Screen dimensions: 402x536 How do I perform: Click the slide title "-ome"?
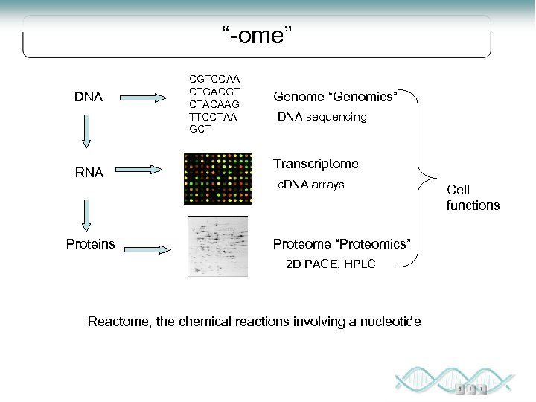(252, 33)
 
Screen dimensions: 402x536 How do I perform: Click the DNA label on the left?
(89, 96)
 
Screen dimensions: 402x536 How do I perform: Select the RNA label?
(89, 173)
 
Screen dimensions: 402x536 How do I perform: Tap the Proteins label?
(90, 244)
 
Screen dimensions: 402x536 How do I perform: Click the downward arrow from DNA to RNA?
(87, 135)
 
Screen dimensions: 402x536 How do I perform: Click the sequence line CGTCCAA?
(214, 77)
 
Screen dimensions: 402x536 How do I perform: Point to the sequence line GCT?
(200, 128)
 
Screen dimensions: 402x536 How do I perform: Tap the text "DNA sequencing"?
(322, 117)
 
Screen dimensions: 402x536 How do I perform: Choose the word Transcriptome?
(316, 164)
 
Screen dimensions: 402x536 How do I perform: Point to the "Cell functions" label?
(473, 198)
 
